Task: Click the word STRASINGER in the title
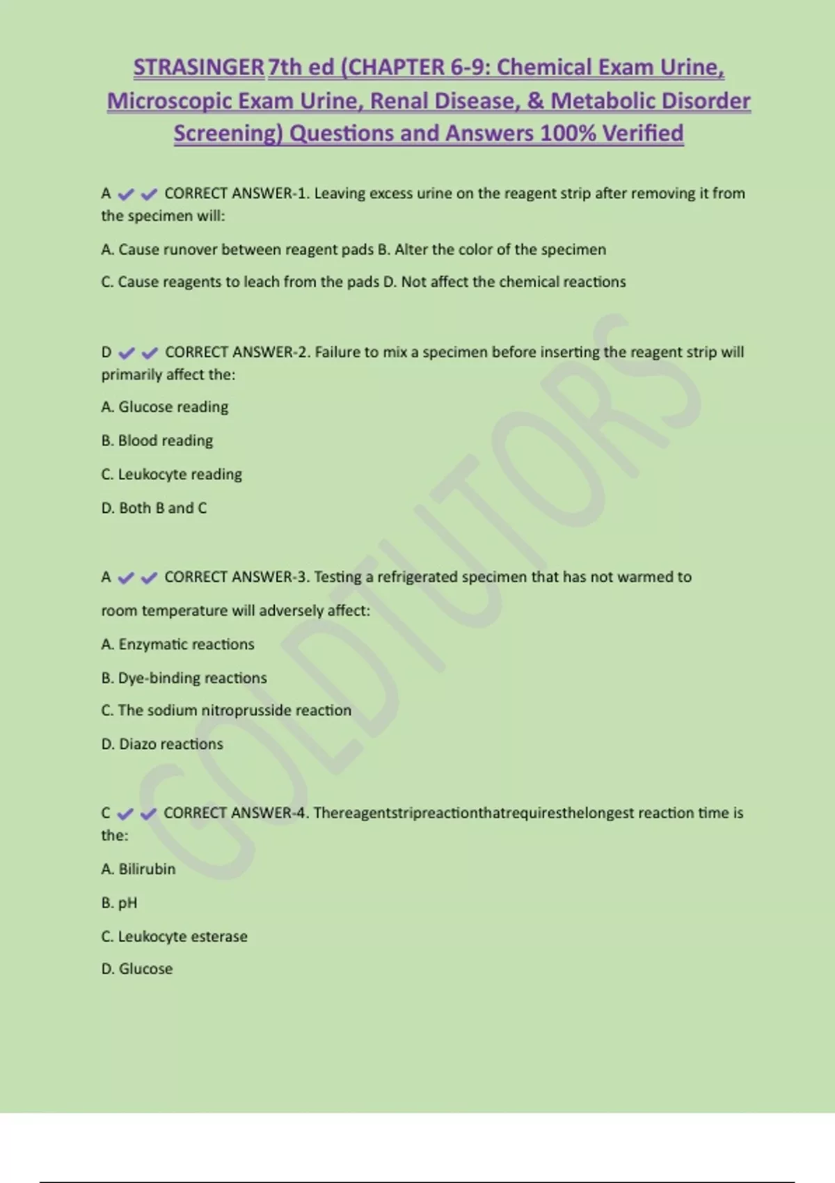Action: [199, 68]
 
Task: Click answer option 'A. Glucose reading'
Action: [165, 407]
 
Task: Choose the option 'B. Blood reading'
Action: [157, 440]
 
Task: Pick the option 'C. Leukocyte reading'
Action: [172, 475]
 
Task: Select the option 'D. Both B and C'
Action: [154, 508]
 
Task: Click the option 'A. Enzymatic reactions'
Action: [178, 644]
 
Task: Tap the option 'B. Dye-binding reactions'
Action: [184, 678]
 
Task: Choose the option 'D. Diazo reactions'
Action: [162, 744]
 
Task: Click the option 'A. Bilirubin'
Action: [138, 869]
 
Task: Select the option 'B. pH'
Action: [120, 903]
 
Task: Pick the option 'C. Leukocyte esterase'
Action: [175, 937]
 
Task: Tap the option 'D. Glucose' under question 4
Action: [137, 969]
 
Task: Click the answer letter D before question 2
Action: [106, 352]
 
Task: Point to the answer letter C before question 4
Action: [106, 813]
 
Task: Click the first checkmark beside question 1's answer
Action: [126, 194]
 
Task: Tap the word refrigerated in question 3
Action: [417, 577]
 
